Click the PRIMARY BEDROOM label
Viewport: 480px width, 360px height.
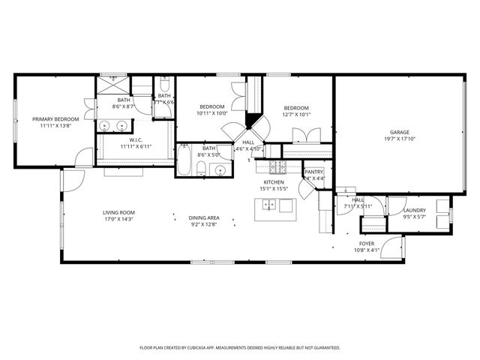tap(55, 119)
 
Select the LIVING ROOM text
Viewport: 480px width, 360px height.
tap(118, 213)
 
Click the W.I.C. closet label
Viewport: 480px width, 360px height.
tap(136, 139)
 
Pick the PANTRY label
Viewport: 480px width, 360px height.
tap(313, 172)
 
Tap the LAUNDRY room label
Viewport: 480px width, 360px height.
tap(415, 211)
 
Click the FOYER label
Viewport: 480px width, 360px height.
tap(367, 244)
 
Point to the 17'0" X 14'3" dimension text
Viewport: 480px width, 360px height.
tap(118, 220)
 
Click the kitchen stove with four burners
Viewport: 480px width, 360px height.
tap(277, 166)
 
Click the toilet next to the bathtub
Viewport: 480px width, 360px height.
tap(202, 167)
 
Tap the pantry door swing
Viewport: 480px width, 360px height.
tap(307, 190)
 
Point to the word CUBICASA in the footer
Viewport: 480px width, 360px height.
tap(219, 348)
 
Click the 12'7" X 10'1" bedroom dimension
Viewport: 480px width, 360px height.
tap(296, 115)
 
